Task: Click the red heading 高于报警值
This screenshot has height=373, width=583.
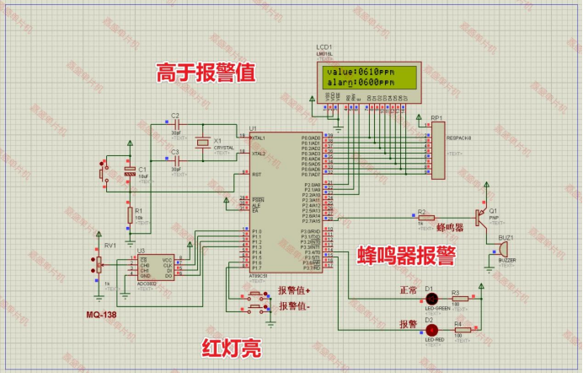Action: click(x=206, y=73)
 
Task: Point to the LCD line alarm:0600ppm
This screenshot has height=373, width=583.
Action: click(x=360, y=83)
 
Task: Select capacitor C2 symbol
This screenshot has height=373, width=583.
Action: click(x=175, y=126)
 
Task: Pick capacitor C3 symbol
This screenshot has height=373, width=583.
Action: click(x=175, y=161)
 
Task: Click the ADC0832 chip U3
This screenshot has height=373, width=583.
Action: click(x=155, y=267)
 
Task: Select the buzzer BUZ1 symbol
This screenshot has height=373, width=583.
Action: click(x=504, y=251)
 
